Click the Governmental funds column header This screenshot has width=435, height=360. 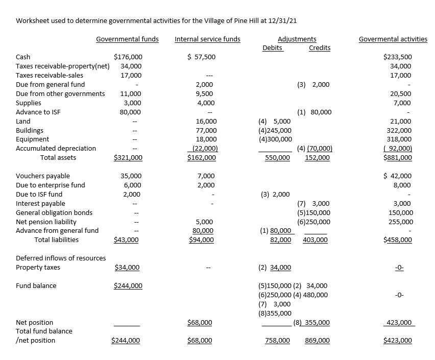pyautogui.click(x=127, y=39)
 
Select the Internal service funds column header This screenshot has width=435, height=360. pyautogui.click(x=207, y=39)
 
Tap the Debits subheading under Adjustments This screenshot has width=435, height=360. pyautogui.click(x=273, y=48)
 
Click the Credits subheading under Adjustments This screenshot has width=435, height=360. pyautogui.click(x=320, y=48)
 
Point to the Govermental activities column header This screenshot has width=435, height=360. pyautogui.click(x=393, y=39)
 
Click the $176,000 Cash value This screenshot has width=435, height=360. pyautogui.click(x=128, y=57)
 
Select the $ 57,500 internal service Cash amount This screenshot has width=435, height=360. pyautogui.click(x=201, y=57)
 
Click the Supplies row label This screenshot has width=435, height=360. pyautogui.click(x=29, y=103)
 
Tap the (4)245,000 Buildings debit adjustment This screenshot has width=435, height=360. pyautogui.click(x=275, y=130)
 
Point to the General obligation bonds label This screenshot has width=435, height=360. pyautogui.click(x=54, y=213)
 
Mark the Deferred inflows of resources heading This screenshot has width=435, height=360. pyautogui.click(x=61, y=258)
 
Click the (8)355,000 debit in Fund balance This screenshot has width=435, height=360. pyautogui.click(x=275, y=314)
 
